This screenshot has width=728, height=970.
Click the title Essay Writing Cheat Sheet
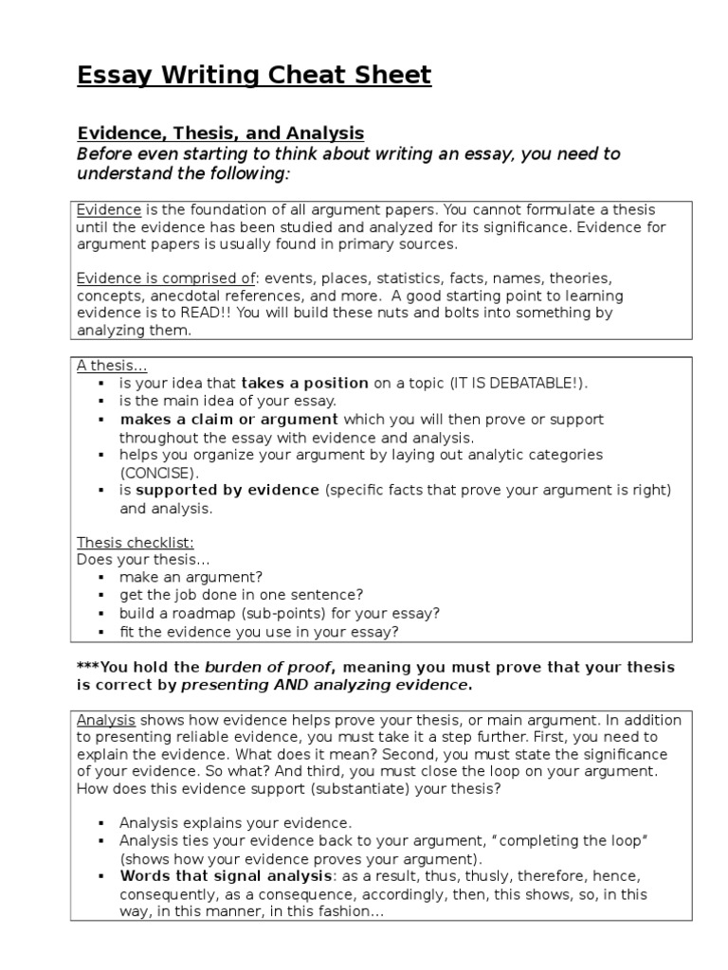click(254, 76)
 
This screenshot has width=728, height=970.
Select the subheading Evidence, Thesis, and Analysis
click(220, 134)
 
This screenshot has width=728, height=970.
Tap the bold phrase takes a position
click(305, 383)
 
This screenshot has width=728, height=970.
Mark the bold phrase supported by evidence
click(227, 490)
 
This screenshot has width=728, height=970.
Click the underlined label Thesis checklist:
click(135, 542)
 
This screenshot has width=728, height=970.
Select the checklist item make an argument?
click(191, 576)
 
